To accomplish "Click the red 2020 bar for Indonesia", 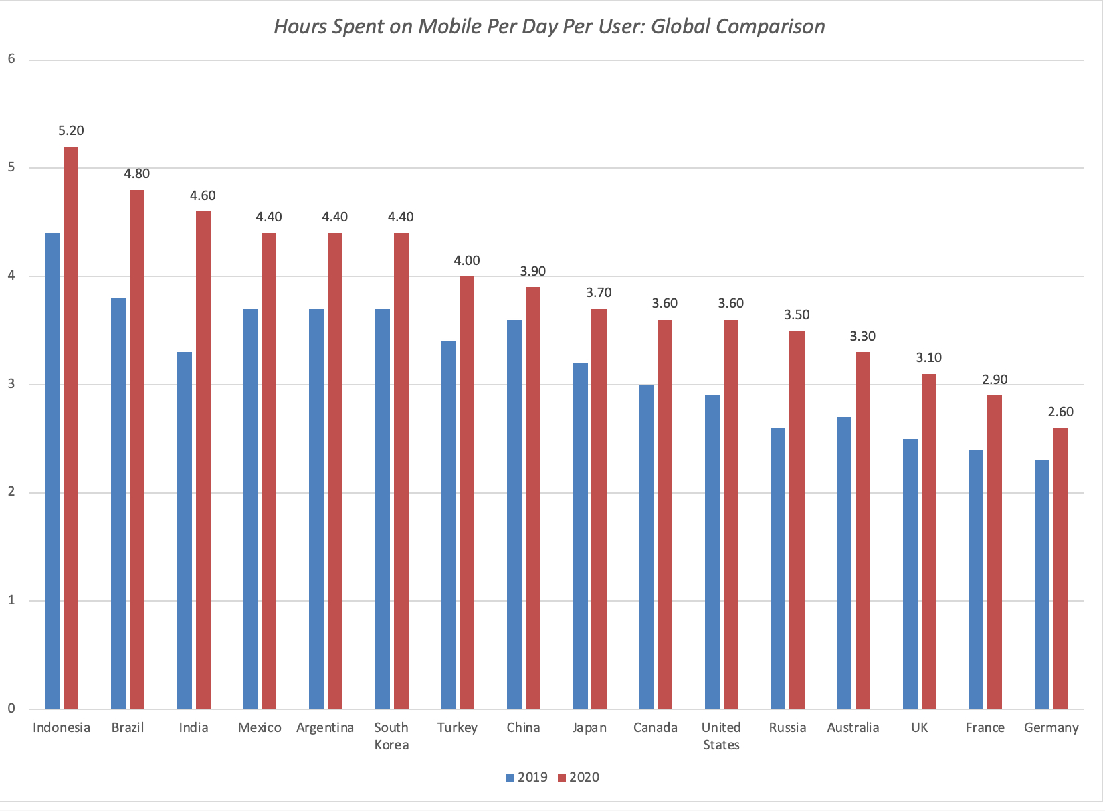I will coord(71,428).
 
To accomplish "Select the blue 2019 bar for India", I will coord(184,530).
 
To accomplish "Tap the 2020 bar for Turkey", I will coord(467,492).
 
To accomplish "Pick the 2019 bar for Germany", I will coord(1042,584).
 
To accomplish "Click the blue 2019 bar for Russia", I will coord(778,568).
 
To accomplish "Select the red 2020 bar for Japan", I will coord(599,509).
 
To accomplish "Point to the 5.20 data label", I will coord(71,131).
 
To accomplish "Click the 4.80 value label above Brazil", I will coord(137,174).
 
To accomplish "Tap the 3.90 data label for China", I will coord(533,272).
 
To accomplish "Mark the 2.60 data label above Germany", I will coord(1061,412).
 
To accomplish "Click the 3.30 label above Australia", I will coord(863,337).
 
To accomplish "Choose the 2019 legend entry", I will coord(527,778).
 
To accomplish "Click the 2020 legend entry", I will coord(579,778).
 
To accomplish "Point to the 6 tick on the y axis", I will coord(11,59).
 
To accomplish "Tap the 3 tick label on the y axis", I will coord(11,384).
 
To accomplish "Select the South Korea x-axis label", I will coord(391,736).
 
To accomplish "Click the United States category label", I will coord(721,736).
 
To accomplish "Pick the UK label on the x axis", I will coord(919,728).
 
